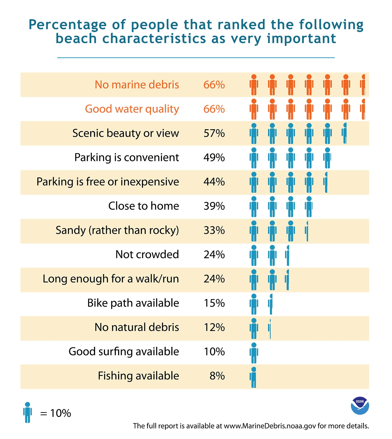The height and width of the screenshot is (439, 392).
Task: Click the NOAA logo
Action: click(360, 406)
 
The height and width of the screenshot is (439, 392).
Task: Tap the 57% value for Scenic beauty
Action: click(214, 133)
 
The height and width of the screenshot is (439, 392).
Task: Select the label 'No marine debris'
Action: click(137, 85)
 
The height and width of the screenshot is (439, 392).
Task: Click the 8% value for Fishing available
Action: click(217, 376)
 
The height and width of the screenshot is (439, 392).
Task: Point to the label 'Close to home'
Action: click(143, 206)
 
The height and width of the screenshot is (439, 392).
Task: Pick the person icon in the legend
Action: click(27, 412)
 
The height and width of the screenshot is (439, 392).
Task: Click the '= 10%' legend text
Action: click(55, 413)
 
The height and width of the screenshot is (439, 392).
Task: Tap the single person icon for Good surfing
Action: click(254, 353)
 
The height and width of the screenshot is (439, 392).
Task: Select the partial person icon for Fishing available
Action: click(253, 377)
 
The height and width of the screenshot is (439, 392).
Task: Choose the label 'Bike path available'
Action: click(133, 303)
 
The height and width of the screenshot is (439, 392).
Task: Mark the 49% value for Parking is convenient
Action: click(214, 158)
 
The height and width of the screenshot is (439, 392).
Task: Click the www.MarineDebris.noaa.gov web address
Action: click(270, 426)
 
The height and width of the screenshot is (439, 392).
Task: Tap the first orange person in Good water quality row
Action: click(254, 109)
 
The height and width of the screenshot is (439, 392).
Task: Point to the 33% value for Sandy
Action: click(214, 230)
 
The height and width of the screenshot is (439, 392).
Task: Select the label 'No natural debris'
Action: click(137, 327)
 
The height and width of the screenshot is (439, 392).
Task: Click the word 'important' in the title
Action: click(301, 39)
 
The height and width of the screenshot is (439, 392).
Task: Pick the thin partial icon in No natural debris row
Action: click(270, 329)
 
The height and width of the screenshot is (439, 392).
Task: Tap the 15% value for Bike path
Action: click(214, 303)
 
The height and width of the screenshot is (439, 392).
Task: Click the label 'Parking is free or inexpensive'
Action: click(108, 182)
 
